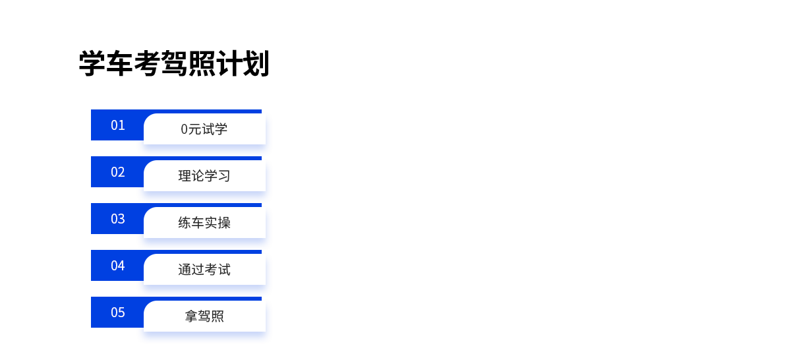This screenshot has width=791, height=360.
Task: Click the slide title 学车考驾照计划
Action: pos(174,63)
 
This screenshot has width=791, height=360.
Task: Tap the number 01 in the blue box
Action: pos(117,125)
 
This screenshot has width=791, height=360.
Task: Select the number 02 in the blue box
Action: pos(117,172)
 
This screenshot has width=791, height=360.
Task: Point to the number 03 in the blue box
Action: pos(117,219)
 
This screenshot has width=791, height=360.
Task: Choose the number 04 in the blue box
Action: pos(117,266)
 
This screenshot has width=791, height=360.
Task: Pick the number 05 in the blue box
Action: pos(117,313)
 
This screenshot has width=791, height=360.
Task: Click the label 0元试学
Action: pos(204,129)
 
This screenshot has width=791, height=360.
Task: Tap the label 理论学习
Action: pos(204,176)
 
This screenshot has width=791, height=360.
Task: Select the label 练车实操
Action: pos(204,223)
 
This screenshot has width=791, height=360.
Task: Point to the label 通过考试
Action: pos(204,270)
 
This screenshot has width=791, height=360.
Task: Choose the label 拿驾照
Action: pos(204,316)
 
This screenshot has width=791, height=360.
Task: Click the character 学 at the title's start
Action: pos(92,63)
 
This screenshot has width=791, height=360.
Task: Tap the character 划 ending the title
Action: pos(256,63)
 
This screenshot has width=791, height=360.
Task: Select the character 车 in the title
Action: pos(119,63)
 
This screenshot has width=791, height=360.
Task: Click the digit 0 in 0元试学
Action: pos(184,129)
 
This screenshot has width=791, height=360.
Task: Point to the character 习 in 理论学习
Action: pos(224,176)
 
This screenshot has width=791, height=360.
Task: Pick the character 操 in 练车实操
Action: pos(224,223)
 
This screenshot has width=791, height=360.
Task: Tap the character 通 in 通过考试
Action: pos(185,270)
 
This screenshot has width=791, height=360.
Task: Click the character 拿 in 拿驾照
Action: pos(191,316)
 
